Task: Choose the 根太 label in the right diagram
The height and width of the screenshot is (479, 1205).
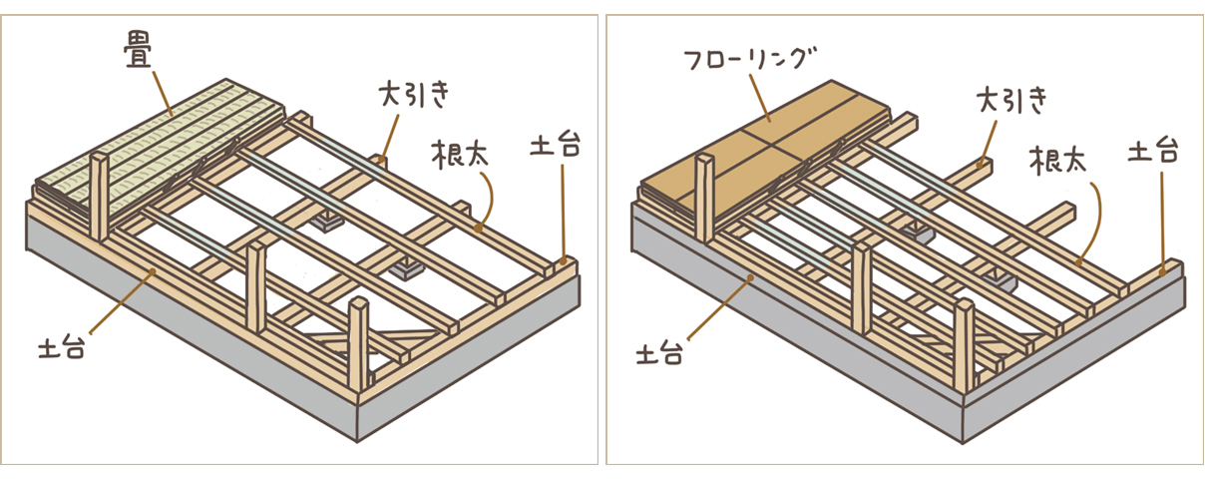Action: click(x=1058, y=159)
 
